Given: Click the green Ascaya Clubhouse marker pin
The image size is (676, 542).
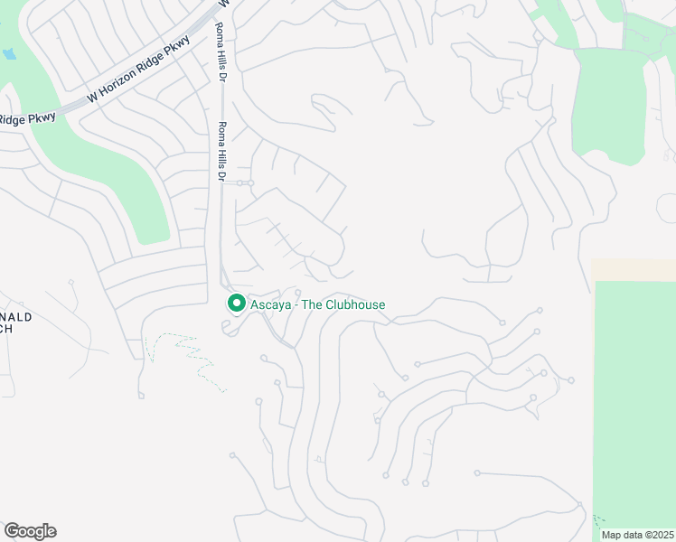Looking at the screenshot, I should [x=237, y=304].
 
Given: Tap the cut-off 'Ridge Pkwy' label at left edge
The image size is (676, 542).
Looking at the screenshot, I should [x=27, y=117].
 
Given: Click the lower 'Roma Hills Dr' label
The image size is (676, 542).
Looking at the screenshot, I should [x=220, y=149].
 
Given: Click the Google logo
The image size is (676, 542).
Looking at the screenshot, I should [x=30, y=531].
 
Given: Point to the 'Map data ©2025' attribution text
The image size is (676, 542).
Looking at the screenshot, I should [x=637, y=535].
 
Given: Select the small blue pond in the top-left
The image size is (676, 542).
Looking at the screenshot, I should [x=8, y=53].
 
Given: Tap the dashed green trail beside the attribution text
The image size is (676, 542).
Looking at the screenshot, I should [x=598, y=522].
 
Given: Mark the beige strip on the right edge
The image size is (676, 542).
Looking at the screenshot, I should [x=633, y=269].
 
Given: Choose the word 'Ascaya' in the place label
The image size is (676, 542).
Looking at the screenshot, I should [x=269, y=304].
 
